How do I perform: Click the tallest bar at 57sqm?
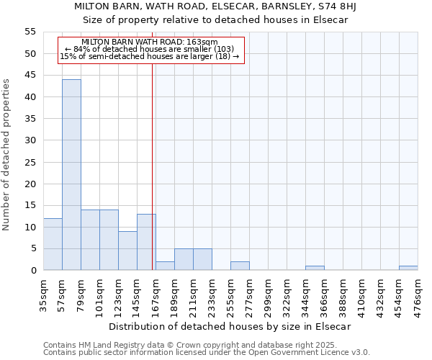71,175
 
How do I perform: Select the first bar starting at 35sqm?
53,244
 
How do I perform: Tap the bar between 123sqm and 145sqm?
127,251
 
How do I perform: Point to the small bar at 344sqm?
315,268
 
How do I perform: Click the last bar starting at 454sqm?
408,268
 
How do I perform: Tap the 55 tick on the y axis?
30,32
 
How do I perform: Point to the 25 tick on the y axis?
30,162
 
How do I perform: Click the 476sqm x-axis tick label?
418,294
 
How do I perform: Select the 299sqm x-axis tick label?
268,294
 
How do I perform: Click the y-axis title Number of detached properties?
7,155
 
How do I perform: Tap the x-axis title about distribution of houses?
230,326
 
